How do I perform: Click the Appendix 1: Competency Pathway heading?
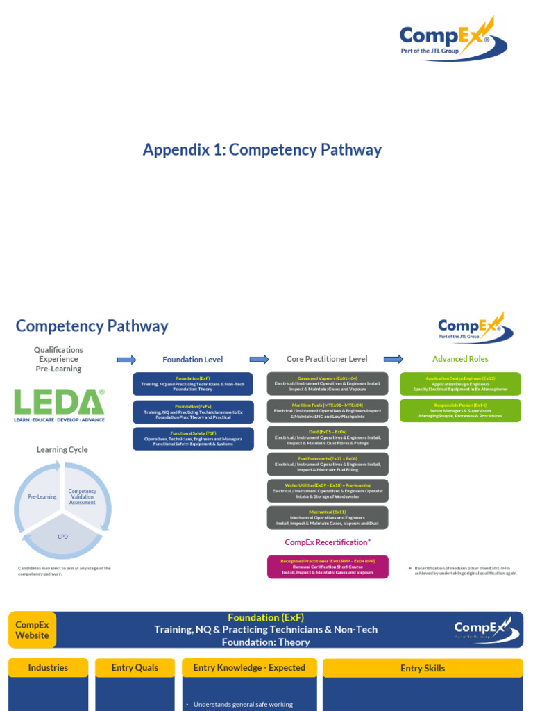pos(262,149)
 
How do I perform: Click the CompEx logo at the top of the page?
pos(453,40)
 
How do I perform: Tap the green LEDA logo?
pos(60,405)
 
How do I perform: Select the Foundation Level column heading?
pos(192,360)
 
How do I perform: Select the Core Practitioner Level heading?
pos(327,359)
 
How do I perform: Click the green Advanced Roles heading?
pos(460,359)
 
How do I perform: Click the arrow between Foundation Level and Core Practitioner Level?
pos(259,359)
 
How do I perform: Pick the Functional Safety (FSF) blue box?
pos(193,438)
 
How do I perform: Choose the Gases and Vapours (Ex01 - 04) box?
pos(328,383)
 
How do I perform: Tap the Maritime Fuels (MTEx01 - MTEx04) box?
pos(328,410)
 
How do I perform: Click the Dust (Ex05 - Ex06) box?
pos(328,437)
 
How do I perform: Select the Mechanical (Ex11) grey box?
pos(328,517)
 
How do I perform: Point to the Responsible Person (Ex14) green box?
pos(460,410)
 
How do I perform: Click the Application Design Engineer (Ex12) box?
pos(460,383)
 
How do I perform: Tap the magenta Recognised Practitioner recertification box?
pos(328,567)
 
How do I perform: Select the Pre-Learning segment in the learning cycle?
pos(42,497)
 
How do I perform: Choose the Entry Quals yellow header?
pos(135,668)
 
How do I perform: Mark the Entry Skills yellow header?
pos(423,668)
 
